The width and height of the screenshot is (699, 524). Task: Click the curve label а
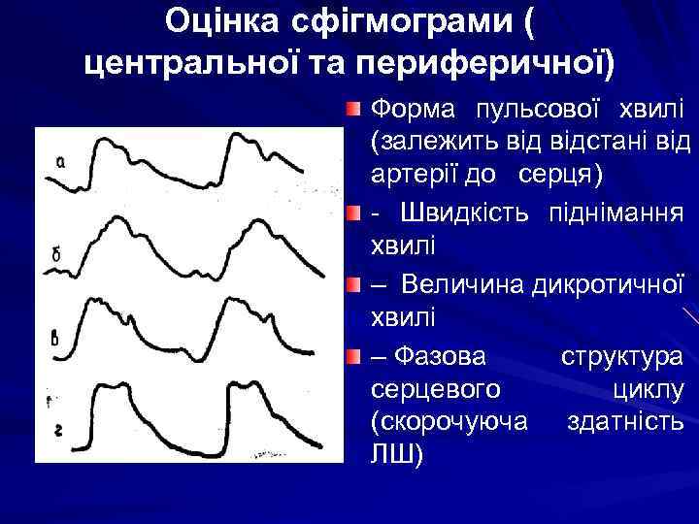pos(61,162)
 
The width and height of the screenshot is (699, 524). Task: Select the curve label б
pos(56,254)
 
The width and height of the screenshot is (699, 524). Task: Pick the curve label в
pos(54,339)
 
